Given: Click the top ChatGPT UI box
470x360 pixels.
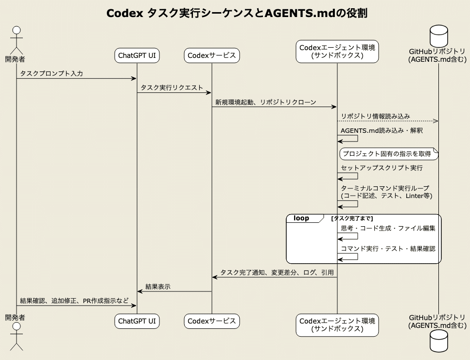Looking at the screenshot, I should pos(137,56).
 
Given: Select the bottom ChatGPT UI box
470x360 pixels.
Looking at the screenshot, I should pos(137,321).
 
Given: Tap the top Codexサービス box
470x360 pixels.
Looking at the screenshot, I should pos(212,56).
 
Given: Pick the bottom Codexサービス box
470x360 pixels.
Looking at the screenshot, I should pos(212,321).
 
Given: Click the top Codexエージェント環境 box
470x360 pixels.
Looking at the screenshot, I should pos(337,52).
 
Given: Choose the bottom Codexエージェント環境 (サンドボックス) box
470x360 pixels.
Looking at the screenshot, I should pos(337,325).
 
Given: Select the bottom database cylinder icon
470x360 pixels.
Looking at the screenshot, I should pos(438,341).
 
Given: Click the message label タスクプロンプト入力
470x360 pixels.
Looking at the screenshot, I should pos(52,73).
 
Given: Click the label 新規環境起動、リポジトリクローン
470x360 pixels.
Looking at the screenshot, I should pos(266,102).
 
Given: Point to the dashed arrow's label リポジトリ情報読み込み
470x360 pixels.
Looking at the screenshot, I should pos(375,116).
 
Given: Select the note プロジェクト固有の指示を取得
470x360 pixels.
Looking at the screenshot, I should pos(387,154).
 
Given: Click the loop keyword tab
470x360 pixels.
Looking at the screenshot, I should pos(301,218).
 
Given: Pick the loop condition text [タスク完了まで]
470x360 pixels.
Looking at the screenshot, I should pos(352,218).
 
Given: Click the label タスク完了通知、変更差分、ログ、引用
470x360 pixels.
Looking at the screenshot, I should pos(277,272).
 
